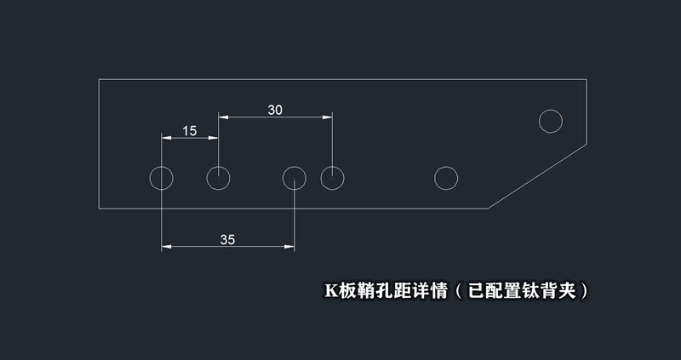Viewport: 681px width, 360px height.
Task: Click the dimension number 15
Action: pos(189,130)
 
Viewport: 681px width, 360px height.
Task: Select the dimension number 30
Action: pos(275,109)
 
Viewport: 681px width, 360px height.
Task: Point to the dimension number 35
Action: pos(227,239)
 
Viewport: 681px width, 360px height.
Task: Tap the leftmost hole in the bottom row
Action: pos(161,178)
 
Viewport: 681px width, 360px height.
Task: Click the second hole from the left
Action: pos(219,178)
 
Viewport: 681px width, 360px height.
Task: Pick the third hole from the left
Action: pos(295,178)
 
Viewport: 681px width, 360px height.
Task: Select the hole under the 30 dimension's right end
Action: pos(332,178)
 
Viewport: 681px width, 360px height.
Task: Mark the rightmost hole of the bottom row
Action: pos(446,178)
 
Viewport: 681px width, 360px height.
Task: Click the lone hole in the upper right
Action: pos(551,121)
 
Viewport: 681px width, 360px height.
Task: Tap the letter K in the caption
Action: pos(330,290)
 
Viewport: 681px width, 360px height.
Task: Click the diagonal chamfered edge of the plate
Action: pos(538,176)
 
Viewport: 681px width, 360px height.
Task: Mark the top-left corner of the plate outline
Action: pos(100,79)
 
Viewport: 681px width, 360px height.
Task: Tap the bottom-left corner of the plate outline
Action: pos(100,209)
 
